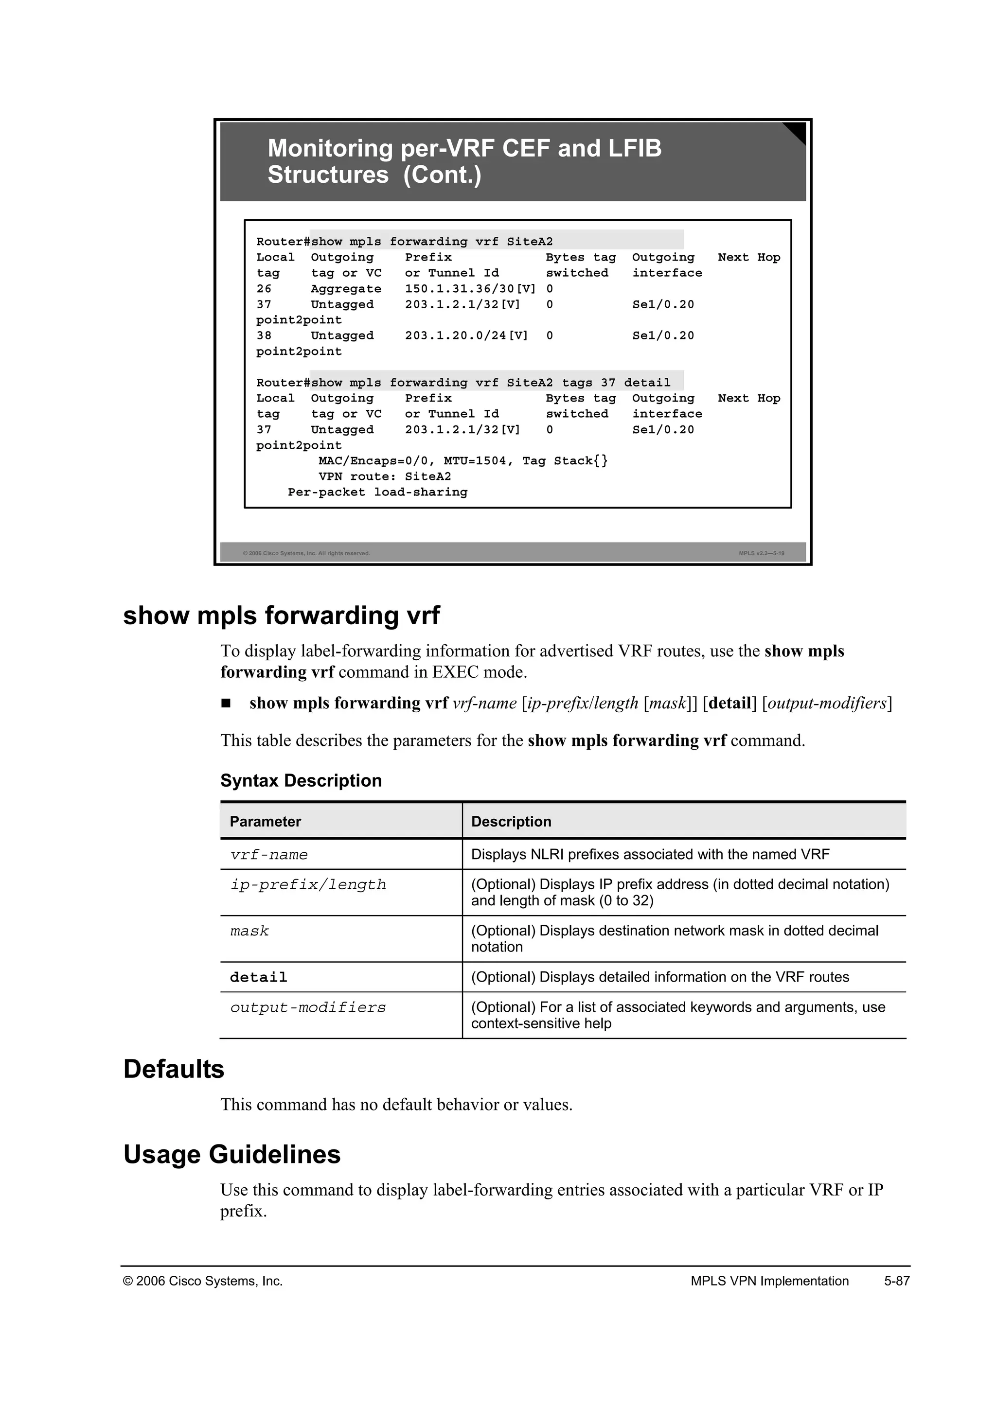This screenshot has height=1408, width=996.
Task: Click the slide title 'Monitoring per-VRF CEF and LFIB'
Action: pos(464,148)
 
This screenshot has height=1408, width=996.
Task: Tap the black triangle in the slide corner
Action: pos(797,131)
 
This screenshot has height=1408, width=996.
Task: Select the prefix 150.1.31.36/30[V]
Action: pos(470,289)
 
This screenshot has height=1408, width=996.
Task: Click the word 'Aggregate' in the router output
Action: pos(346,289)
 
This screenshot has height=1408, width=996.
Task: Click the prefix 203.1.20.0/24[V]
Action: pos(466,335)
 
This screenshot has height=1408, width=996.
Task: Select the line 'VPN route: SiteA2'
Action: pos(385,476)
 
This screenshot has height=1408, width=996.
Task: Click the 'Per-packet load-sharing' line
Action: pos(377,492)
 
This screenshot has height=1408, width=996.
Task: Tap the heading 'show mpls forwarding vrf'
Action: pos(281,615)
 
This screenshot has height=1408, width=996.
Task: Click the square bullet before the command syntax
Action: pos(226,704)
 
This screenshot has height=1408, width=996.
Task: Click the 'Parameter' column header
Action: pos(265,821)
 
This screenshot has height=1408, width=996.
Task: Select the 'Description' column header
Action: pos(511,821)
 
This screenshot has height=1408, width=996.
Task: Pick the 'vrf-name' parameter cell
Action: pos(268,854)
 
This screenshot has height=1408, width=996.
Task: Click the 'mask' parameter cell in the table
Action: pos(249,931)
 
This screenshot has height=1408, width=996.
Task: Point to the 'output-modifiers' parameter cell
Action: pos(308,1007)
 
